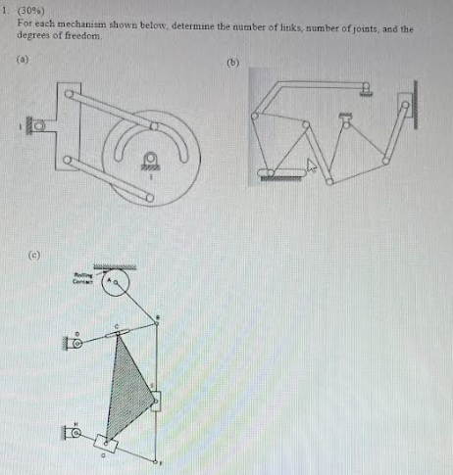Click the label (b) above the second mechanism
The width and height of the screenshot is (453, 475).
[232, 62]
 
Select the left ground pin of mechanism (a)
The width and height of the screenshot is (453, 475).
[37, 126]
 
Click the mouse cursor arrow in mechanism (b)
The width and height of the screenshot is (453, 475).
[313, 166]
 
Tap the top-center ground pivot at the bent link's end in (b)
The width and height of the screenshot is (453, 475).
[365, 89]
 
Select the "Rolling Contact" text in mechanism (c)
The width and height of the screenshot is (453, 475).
[82, 278]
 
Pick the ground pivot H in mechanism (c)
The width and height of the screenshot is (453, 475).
[75, 430]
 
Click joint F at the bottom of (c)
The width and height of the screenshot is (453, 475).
[157, 458]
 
